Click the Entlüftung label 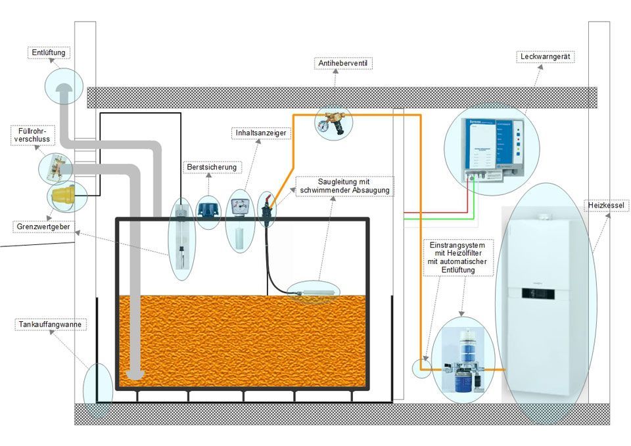coord(51,53)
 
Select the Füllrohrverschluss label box coord(32,135)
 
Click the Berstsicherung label coord(211,167)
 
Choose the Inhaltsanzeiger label coord(261,133)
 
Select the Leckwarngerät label coord(545,57)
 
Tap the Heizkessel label coord(607,206)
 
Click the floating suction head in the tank coord(314,287)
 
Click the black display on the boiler coord(538,293)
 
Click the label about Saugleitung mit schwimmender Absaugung coord(345,186)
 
